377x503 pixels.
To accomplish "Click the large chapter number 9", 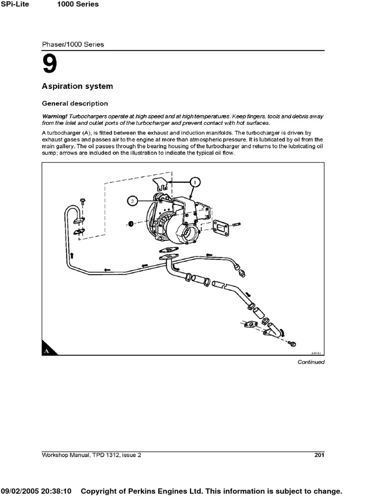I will (50, 64).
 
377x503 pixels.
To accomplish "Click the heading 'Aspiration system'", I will (77, 86).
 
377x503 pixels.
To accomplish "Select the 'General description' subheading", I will (75, 104).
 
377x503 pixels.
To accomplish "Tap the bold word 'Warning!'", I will (55, 116).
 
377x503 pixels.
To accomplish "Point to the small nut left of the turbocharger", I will (131, 224).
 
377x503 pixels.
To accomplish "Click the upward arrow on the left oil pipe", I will (72, 255).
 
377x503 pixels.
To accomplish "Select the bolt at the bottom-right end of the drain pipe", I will (293, 343).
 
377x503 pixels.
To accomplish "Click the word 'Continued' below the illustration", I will (311, 362).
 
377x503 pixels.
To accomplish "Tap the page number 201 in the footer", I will (319, 455).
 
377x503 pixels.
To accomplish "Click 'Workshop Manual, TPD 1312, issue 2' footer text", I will (91, 455).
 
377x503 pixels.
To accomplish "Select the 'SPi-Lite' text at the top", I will (19, 4).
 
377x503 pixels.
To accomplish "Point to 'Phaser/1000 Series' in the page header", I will (73, 44).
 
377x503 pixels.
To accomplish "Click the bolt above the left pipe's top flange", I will (82, 201).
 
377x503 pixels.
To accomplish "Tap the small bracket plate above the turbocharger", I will (161, 184).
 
